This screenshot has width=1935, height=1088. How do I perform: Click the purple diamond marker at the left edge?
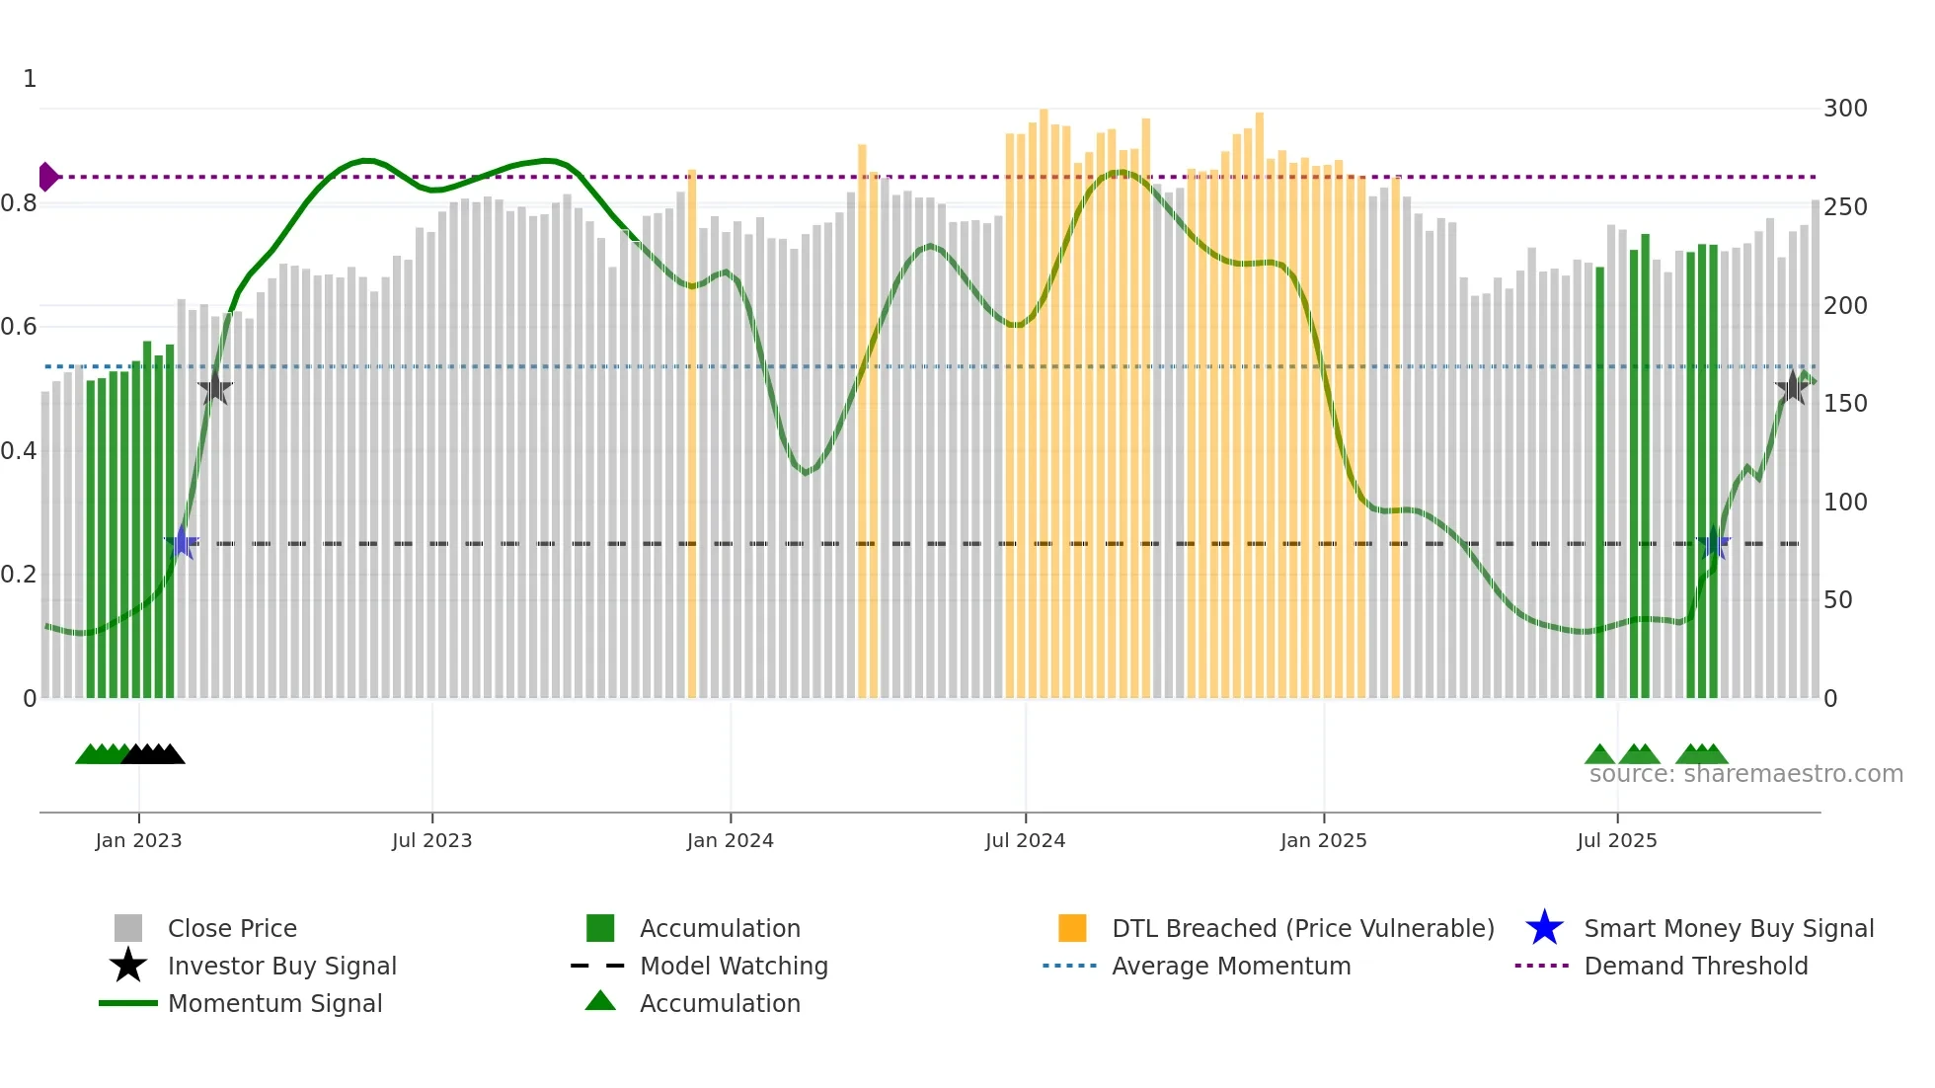coord(47,177)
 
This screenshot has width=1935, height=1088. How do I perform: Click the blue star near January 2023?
coord(182,542)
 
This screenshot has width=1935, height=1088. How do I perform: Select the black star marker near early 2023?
coord(215,388)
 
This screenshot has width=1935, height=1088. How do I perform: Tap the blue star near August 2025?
coord(1715,542)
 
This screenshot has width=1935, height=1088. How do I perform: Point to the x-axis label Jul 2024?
coord(1025,840)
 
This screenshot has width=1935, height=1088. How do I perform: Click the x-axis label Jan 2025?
coord(1323,840)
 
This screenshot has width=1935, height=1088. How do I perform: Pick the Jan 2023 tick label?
coord(138,840)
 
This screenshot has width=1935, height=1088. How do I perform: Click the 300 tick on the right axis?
coord(1844,109)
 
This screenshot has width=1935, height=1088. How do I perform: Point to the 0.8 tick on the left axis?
coord(20,203)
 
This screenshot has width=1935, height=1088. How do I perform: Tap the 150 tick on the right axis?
coord(1844,404)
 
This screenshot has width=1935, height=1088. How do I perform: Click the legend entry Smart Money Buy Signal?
coord(1728,928)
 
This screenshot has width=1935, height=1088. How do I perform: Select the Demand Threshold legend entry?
coord(1695,966)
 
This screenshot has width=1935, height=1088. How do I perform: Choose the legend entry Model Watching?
coord(733,966)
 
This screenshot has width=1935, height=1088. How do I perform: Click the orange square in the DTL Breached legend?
coord(1072,928)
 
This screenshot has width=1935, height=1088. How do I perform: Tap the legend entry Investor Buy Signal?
coord(281,966)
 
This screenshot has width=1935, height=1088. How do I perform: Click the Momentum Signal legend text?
coord(274,1003)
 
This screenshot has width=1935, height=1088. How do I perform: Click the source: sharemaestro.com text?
coord(1745,774)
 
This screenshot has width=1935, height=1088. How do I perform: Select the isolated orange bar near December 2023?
coord(692,434)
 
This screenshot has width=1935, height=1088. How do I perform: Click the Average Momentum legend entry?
coord(1230,966)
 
